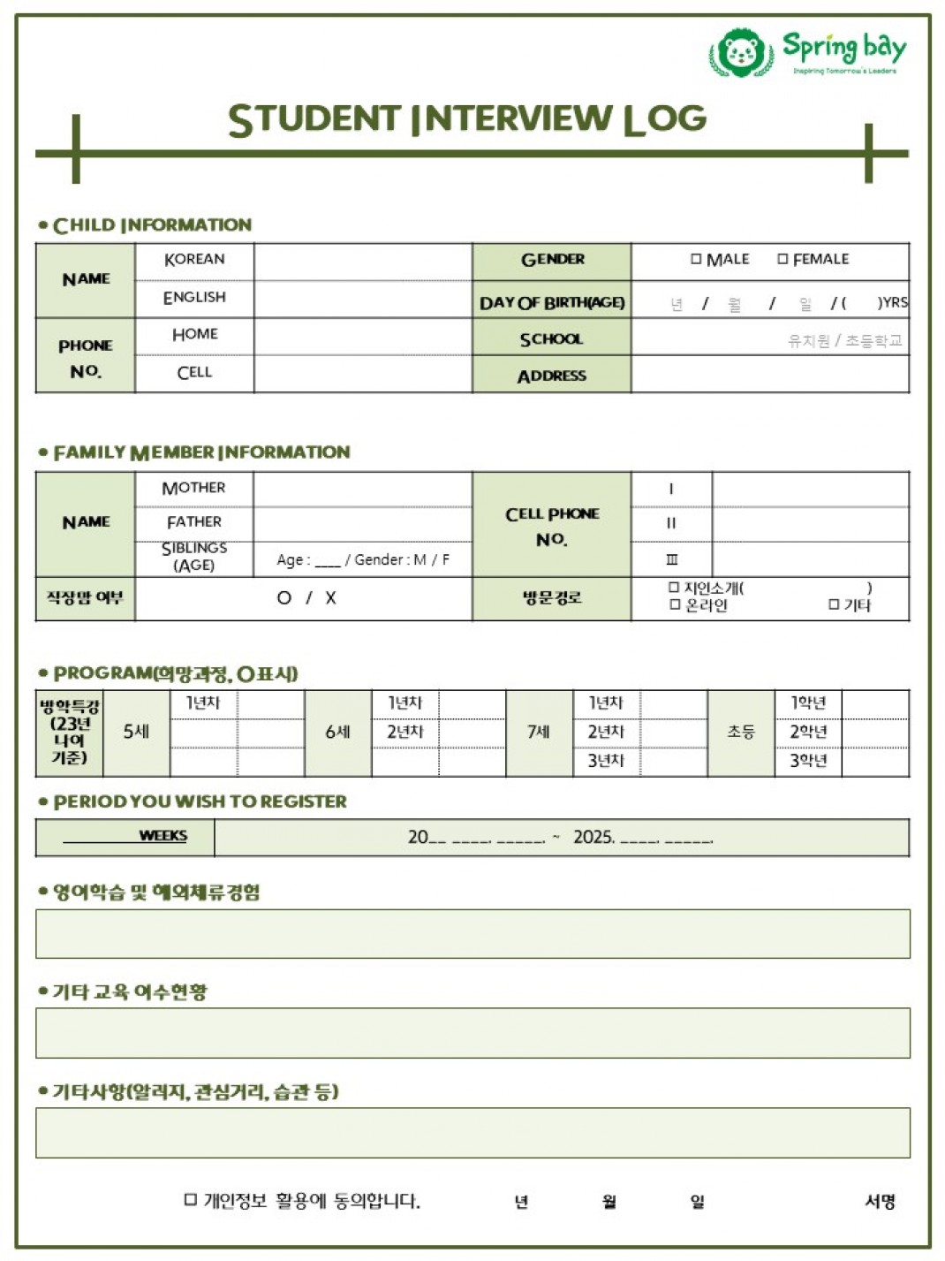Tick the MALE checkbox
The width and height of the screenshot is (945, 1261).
coord(696,259)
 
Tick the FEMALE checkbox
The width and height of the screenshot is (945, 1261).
coord(782,259)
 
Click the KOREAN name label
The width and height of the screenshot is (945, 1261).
coord(194,259)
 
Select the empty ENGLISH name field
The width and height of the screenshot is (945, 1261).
coord(362,298)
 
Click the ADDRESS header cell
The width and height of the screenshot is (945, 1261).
coord(551,376)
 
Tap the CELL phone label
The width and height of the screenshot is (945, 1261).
coord(194,372)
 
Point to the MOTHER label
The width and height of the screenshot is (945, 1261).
coord(193,488)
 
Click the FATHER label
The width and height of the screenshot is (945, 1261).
coord(193,522)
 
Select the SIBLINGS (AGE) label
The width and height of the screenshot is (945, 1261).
coord(193,557)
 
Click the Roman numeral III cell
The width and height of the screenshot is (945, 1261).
coord(671,559)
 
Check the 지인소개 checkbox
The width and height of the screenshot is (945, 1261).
coord(674,588)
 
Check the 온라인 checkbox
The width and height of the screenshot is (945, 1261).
coord(674,604)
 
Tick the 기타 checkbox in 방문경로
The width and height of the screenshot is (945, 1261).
coord(834,604)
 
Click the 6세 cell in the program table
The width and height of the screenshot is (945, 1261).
coord(337,732)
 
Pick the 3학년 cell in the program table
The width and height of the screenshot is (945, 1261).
coord(807,761)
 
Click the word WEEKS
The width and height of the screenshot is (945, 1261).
coord(163,835)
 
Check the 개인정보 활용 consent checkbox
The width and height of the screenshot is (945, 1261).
coord(190,1199)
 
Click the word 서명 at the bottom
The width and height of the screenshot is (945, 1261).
coord(880,1201)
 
